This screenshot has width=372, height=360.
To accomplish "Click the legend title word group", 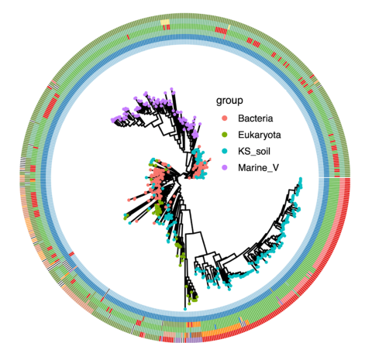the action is (229, 101).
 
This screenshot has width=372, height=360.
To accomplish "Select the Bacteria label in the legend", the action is (256, 118).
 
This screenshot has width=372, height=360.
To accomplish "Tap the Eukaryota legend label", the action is (260, 135).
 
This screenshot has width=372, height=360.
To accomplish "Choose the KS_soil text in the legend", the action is (254, 151).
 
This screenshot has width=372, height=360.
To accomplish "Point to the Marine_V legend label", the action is (258, 168).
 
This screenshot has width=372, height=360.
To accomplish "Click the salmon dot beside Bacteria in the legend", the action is (225, 118).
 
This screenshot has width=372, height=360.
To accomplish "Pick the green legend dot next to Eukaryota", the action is (225, 135).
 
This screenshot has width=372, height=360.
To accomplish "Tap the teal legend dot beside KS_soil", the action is (225, 151).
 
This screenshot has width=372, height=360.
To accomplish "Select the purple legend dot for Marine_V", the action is (225, 168).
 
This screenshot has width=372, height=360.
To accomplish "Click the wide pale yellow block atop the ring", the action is (165, 22).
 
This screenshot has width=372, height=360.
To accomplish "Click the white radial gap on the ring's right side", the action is (335, 177).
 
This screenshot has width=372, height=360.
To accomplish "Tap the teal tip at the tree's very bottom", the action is (185, 309).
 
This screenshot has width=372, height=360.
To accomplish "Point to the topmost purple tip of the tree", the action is (171, 89).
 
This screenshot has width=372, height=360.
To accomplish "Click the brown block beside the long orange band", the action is (196, 334).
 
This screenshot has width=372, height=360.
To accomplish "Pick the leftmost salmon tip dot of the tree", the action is (129, 200).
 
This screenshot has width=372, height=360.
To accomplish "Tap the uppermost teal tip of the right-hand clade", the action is (301, 179).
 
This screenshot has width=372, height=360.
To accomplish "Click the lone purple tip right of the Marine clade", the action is (199, 124).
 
